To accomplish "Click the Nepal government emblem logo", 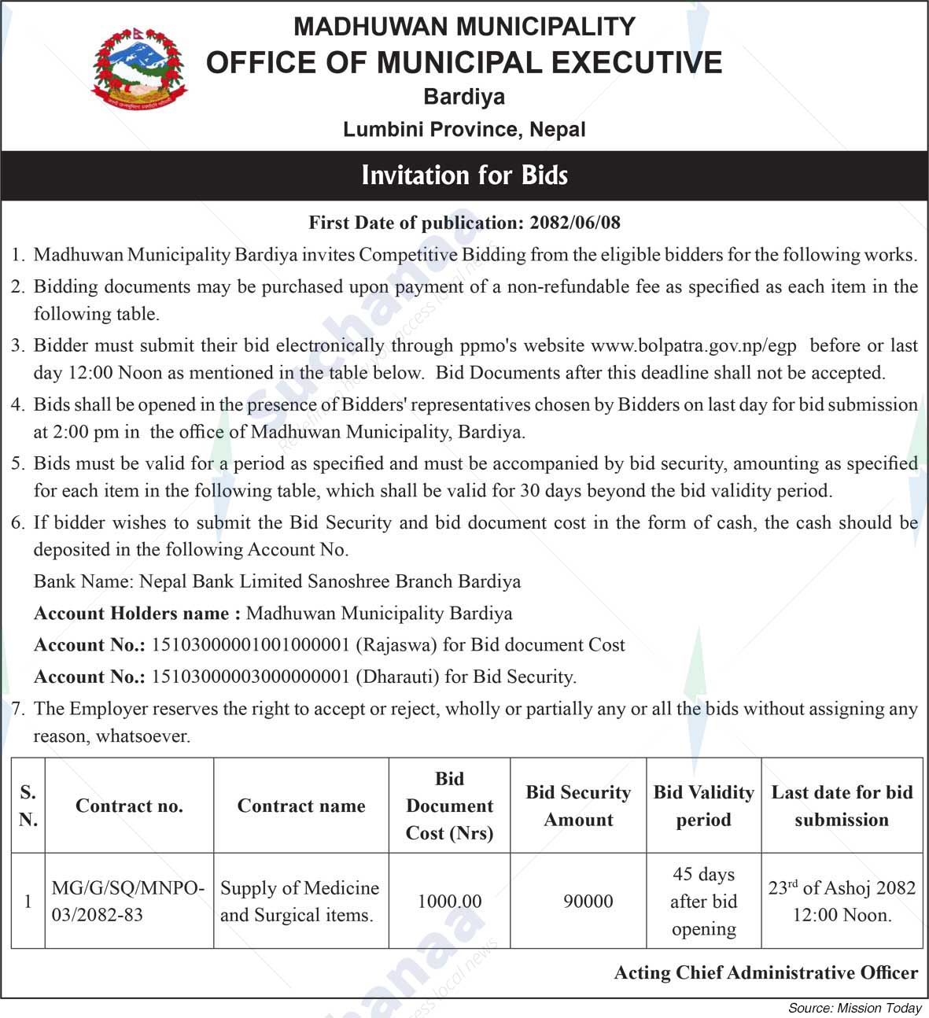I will (x=140, y=70).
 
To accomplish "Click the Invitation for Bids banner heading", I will (x=464, y=175).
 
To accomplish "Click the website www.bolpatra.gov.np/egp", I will (x=693, y=345).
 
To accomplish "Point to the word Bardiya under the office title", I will (x=464, y=97).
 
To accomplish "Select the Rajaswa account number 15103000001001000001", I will (x=250, y=645).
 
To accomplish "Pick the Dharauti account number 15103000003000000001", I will (x=250, y=677).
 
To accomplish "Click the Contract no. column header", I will (x=129, y=806).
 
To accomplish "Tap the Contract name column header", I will (x=301, y=806).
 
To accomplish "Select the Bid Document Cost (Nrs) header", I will (x=449, y=806).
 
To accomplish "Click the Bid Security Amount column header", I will (x=578, y=806).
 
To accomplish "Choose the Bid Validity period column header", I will (x=703, y=806).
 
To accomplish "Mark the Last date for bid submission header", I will (x=842, y=806).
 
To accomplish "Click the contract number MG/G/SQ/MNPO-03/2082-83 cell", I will (x=128, y=901).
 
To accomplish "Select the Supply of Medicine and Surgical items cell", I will (x=300, y=901).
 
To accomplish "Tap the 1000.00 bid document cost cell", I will (x=449, y=901).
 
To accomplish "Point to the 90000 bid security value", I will (x=588, y=901).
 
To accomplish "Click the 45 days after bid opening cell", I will (x=703, y=901).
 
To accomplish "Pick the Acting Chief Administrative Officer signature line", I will (x=765, y=973).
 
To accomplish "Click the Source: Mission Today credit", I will (x=854, y=1008).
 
